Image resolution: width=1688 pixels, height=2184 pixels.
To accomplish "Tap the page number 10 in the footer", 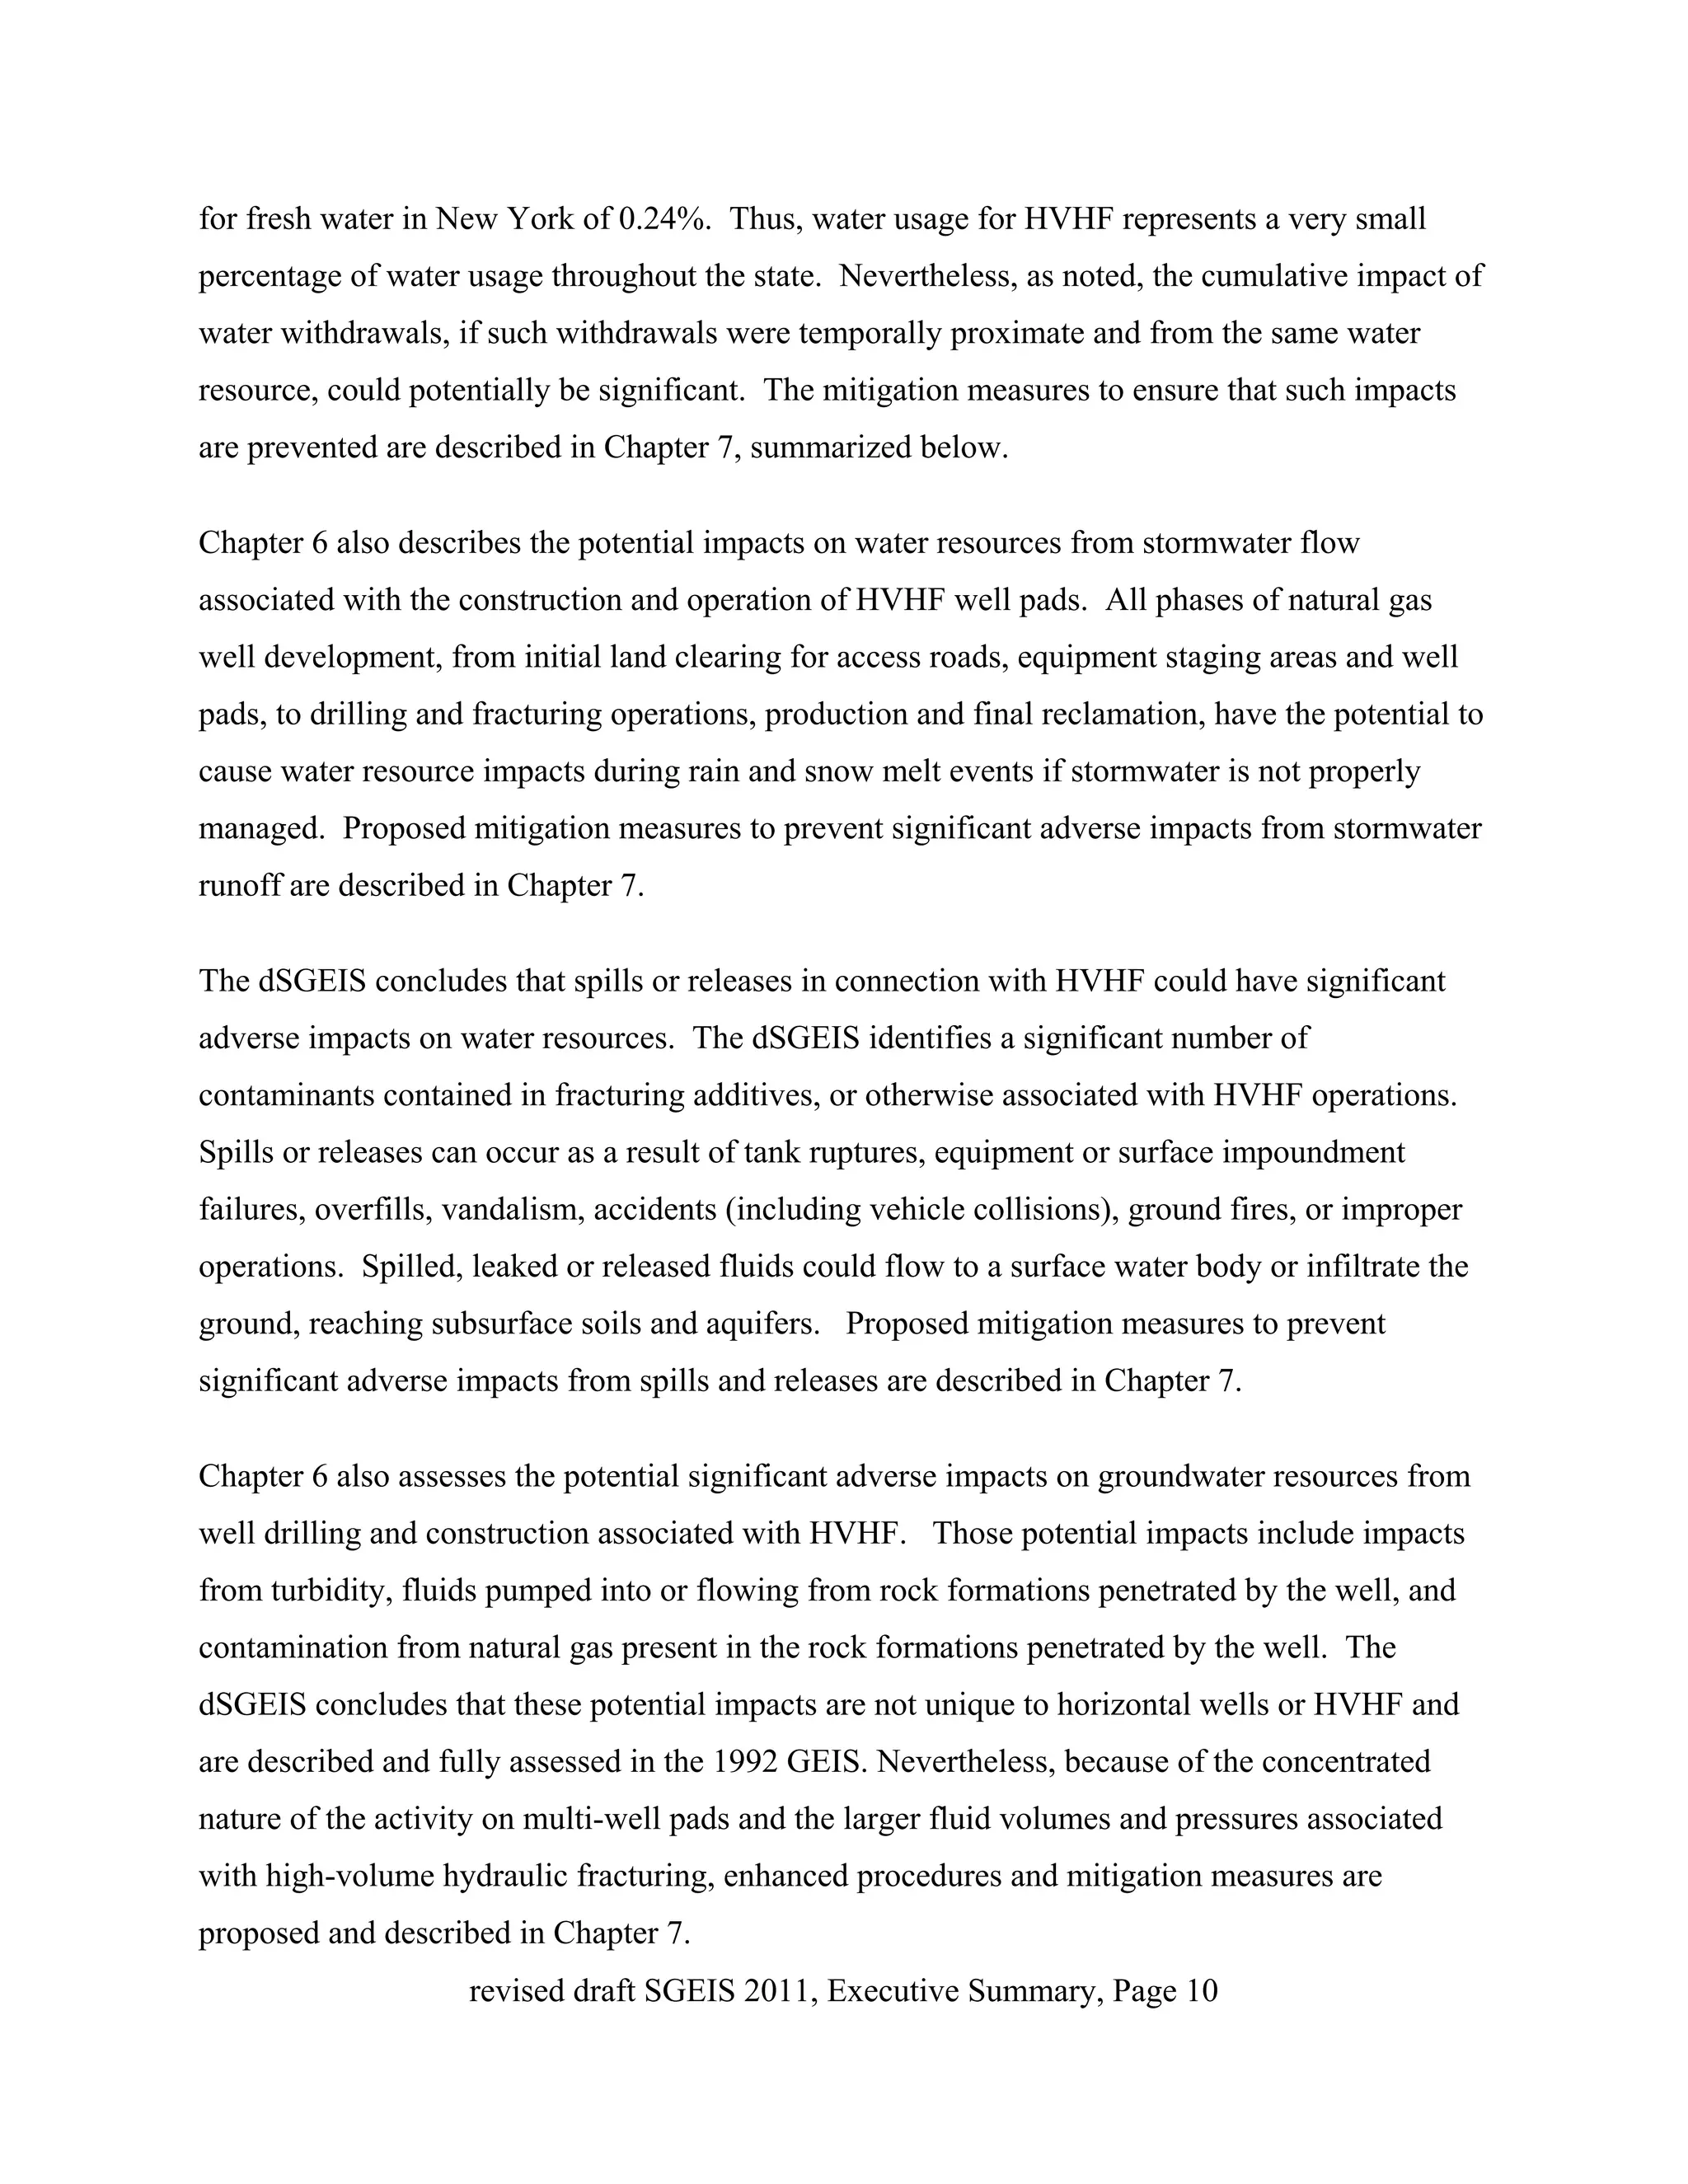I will tap(1201, 1990).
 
